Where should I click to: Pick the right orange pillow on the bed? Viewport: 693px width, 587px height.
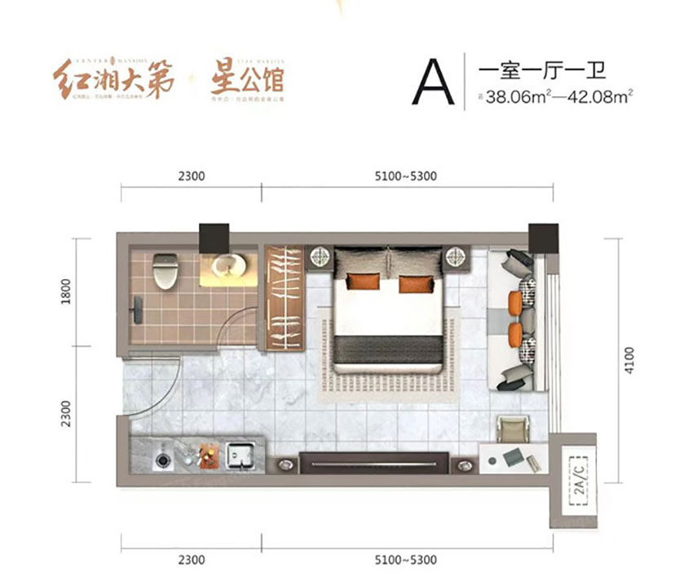(x=411, y=284)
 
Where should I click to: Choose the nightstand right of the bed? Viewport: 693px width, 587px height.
(x=454, y=258)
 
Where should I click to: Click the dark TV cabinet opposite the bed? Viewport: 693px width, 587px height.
(x=375, y=462)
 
